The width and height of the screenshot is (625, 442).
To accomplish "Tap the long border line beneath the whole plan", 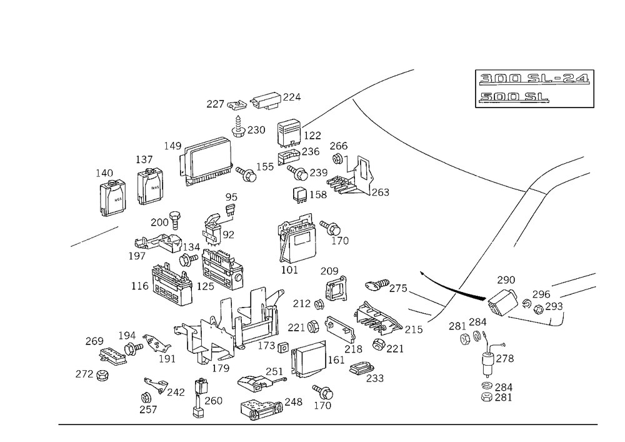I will tap(328, 424).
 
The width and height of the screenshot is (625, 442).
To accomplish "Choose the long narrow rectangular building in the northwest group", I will tap(206, 148).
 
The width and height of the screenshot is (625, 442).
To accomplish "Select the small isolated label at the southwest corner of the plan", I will tap(92, 374).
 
